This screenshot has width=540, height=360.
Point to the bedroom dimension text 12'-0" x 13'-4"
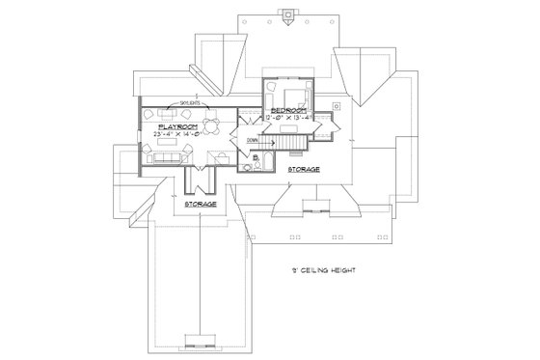[289, 120]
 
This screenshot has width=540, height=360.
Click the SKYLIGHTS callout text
[186, 99]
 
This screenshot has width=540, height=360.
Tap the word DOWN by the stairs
[253, 142]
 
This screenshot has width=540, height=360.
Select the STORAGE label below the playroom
[200, 204]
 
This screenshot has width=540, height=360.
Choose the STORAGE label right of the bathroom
[303, 168]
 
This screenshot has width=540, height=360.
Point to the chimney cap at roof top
[283, 14]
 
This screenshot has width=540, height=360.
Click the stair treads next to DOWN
[288, 143]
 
